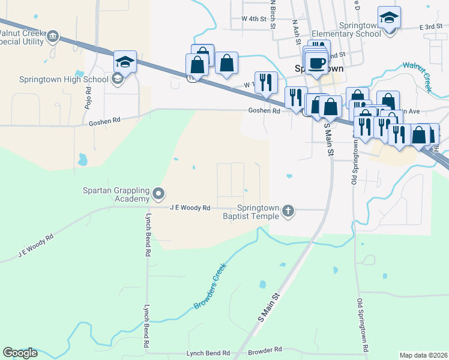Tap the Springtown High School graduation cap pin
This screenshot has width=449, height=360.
click(125, 61)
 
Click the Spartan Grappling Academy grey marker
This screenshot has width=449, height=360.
click(158, 193)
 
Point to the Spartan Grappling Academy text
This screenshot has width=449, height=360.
click(115, 195)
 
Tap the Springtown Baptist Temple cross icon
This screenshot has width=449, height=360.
click(288, 209)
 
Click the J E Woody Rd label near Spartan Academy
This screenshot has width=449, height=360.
click(190, 208)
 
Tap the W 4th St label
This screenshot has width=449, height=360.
click(253, 19)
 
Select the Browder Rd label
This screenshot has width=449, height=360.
click(265, 349)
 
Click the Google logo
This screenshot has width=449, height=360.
click(20, 353)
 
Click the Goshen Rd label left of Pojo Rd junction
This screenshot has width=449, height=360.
click(104, 121)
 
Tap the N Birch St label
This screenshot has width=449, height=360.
click(273, 13)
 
